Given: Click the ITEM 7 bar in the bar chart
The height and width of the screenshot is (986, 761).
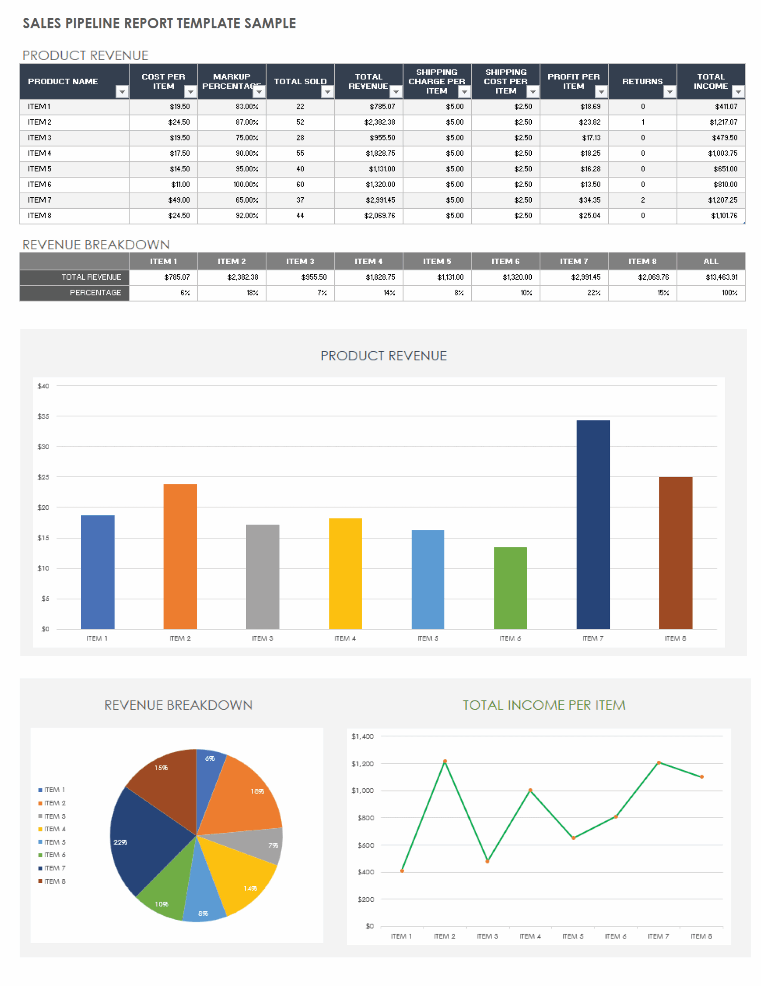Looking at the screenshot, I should tap(593, 524).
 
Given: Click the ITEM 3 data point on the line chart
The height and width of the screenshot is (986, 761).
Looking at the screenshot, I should tap(487, 861).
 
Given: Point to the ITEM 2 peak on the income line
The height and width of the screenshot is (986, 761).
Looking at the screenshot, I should tap(445, 761).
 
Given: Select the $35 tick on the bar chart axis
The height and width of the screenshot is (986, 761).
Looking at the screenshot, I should tap(43, 416).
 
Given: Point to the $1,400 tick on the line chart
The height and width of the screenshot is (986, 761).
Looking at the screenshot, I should tap(362, 736).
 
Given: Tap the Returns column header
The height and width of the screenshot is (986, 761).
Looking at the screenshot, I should tap(642, 81).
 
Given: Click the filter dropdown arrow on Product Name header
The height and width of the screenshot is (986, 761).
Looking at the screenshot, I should tap(122, 92).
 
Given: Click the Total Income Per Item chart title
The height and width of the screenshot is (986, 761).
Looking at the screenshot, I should tap(544, 705).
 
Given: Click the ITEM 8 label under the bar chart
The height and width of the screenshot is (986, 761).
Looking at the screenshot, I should tap(675, 638).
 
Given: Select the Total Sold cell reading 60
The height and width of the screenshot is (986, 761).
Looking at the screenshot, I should tap(300, 184).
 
